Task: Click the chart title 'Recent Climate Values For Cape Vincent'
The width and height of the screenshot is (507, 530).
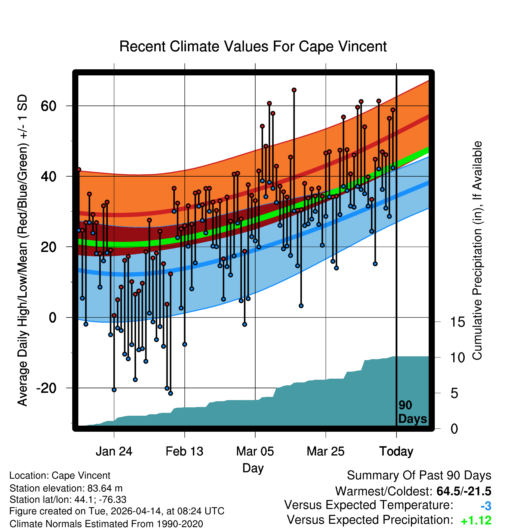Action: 253,46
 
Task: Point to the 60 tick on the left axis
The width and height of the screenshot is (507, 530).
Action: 48,106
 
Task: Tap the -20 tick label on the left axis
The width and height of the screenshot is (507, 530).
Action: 46,388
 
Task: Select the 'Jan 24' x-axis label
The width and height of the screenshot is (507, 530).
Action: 114,451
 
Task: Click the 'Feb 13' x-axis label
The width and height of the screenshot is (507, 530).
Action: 184,451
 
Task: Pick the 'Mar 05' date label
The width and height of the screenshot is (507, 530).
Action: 255,451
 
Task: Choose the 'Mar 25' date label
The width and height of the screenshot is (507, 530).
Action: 325,451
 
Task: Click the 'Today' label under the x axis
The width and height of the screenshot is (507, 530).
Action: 396,451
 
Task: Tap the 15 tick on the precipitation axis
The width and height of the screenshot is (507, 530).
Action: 457,322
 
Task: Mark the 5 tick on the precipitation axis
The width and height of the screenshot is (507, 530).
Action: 454,393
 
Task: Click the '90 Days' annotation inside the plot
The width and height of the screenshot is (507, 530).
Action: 412,412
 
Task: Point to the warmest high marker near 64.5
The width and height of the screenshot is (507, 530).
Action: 294,90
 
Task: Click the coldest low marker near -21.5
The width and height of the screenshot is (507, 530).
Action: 171,393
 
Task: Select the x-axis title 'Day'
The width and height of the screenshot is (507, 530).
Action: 253,468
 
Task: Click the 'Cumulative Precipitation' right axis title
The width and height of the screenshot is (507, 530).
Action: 477,251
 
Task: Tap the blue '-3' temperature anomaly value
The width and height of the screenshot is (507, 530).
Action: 486,506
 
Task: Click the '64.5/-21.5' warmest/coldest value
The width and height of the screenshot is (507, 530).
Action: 464,491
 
